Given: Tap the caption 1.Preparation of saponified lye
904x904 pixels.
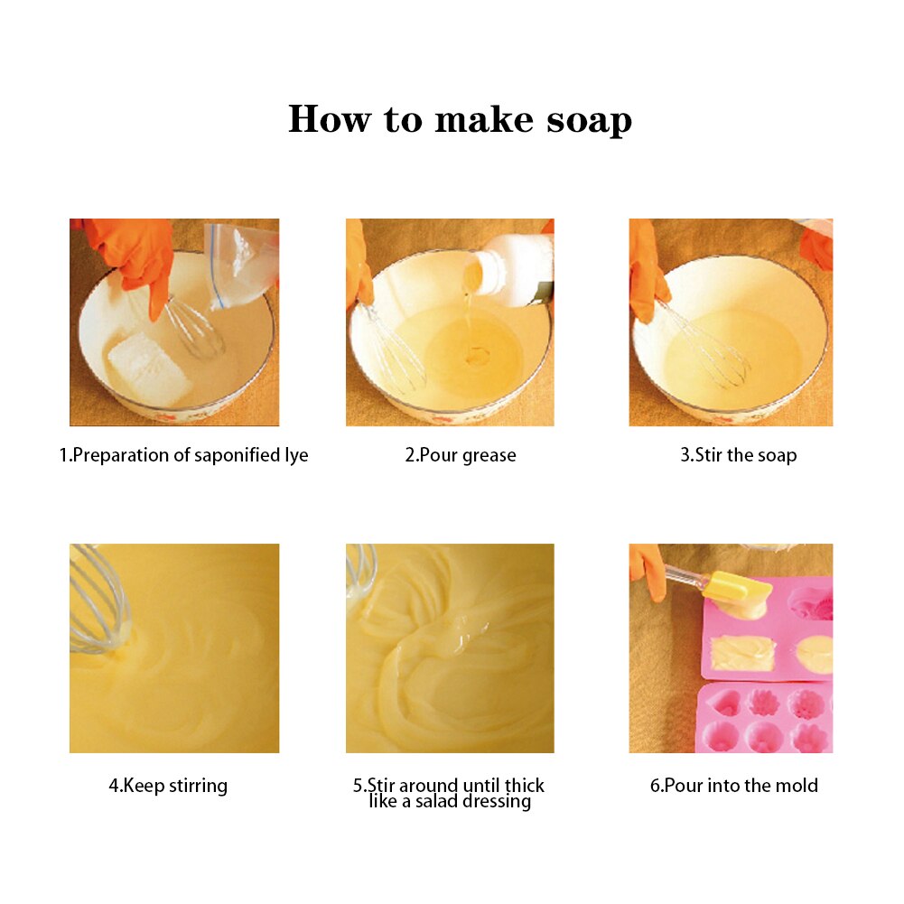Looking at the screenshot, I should coord(183,455).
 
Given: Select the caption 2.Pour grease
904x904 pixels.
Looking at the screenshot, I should coord(461,455).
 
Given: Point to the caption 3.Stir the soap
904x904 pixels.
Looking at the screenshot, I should coord(738,455).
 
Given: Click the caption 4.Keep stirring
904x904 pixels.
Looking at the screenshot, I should coord(168,786).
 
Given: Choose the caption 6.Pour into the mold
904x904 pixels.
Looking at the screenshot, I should coord(733,786).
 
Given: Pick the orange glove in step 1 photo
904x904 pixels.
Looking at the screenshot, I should coord(135,253).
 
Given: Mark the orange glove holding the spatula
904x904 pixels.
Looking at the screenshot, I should coord(648,569).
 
